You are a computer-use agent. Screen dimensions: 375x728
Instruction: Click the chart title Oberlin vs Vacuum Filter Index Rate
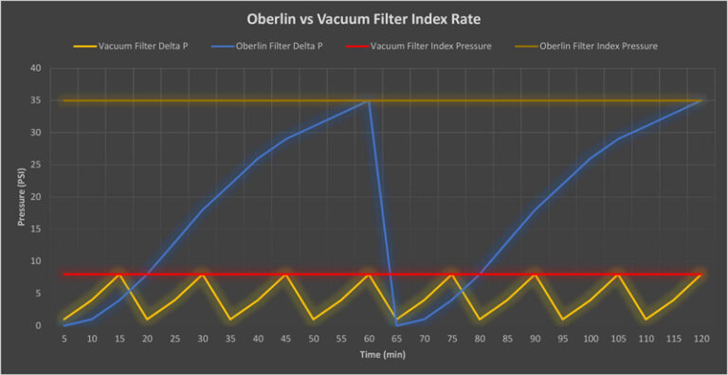[x=364, y=18]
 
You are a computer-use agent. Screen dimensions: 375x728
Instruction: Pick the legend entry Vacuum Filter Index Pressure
[x=431, y=46]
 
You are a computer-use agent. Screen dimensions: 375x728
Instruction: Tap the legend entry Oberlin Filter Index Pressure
[x=597, y=46]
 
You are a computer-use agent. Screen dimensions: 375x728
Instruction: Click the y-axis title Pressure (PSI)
[x=20, y=196]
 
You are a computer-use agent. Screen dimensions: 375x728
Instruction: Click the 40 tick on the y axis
[x=35, y=68]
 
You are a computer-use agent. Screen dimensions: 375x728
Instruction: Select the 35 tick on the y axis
[x=35, y=100]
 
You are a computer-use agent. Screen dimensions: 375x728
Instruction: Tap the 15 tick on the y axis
[x=35, y=229]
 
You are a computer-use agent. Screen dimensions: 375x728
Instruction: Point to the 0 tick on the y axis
[x=38, y=326]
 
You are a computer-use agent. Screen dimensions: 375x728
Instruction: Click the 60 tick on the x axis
[x=369, y=338]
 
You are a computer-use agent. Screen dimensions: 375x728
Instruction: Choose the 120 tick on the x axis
[x=701, y=338]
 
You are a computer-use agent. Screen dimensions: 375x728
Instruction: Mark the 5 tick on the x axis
[x=64, y=338]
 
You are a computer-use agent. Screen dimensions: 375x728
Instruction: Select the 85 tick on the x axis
[x=507, y=338]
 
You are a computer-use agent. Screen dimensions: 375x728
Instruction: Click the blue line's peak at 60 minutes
[x=369, y=100]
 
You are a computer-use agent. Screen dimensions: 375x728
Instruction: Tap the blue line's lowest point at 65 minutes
[x=396, y=325]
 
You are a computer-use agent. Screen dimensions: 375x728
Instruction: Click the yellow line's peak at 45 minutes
[x=285, y=275]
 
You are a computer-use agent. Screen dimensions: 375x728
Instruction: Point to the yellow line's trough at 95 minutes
[x=563, y=319]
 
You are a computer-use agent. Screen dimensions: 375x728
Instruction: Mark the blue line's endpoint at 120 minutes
[x=701, y=100]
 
